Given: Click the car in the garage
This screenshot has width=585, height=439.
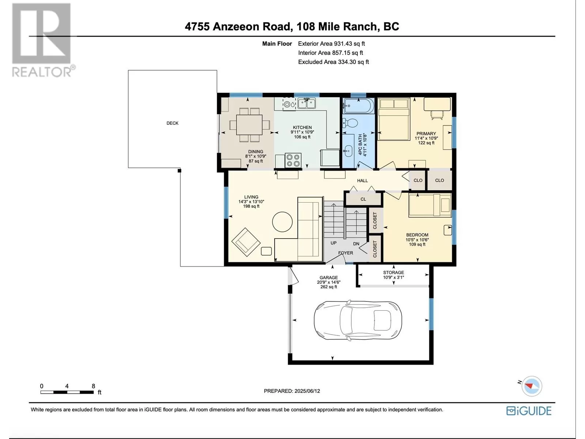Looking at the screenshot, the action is [x=358, y=320].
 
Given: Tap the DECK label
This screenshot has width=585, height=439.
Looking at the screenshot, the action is [x=173, y=123].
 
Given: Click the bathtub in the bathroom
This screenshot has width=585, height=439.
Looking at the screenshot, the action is [x=359, y=106].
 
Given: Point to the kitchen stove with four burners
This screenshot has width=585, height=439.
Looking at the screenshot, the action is [x=293, y=161].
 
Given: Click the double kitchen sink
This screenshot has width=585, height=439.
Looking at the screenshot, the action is [x=307, y=103].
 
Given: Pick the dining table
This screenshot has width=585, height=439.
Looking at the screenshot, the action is [x=249, y=124].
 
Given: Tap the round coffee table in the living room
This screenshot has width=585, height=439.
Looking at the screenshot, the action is [x=282, y=222].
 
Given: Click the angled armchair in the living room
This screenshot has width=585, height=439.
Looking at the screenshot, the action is [x=246, y=242].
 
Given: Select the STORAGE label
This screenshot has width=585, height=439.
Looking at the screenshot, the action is [x=393, y=273].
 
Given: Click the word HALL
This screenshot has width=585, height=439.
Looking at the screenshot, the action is [x=362, y=181].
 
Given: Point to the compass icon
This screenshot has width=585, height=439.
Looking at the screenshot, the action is [x=531, y=386].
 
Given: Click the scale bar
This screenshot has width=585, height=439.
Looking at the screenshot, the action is [x=67, y=392].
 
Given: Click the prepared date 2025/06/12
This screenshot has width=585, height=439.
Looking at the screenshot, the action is [x=307, y=391].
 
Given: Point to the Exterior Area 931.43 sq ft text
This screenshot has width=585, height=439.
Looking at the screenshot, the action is [x=332, y=44].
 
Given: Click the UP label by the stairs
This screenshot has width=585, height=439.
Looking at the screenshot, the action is [x=333, y=243].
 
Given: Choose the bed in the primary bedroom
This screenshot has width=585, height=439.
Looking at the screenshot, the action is [x=394, y=119].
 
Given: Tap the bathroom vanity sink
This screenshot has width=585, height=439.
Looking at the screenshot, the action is [x=348, y=151].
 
